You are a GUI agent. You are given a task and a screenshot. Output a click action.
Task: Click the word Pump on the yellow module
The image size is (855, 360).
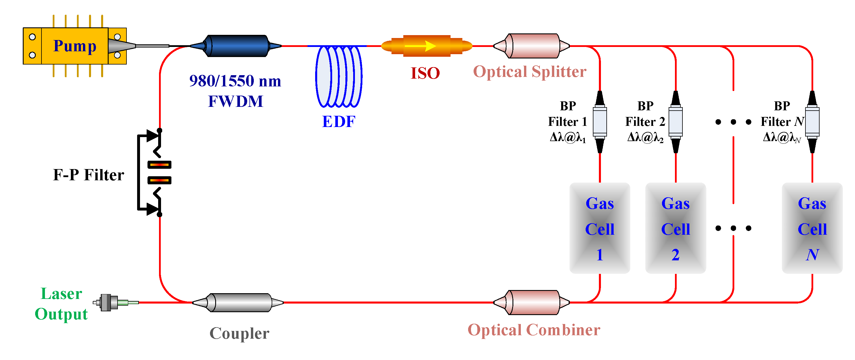75,46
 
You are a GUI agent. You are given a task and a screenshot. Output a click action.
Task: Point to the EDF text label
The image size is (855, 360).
338,122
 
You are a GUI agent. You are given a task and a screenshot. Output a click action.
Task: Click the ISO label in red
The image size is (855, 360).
425,73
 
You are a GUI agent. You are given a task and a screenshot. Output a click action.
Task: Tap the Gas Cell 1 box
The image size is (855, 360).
600,228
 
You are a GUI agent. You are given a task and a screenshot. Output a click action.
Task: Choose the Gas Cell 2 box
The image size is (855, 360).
676,228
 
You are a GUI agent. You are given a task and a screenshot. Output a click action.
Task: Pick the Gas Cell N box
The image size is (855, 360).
812,228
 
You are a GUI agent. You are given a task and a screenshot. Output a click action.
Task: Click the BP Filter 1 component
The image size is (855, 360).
600,122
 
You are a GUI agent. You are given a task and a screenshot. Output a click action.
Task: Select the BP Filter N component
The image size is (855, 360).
812,122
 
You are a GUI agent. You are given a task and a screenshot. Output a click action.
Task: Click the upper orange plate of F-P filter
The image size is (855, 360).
159,164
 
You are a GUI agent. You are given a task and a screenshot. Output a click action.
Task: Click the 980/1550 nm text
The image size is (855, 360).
235,81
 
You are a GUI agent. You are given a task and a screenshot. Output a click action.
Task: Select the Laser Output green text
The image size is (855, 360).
61,304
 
